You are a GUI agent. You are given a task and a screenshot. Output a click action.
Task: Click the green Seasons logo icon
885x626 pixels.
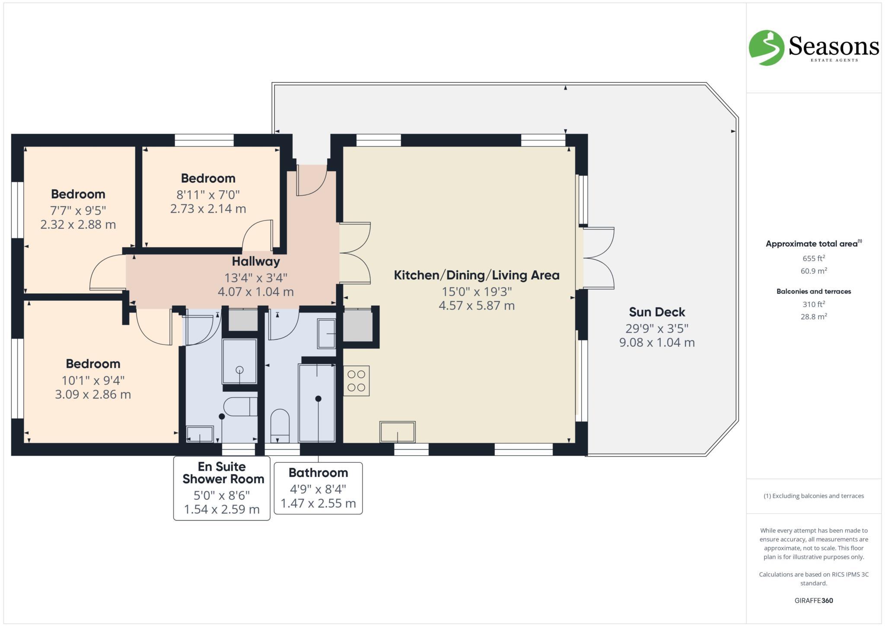click(766, 48)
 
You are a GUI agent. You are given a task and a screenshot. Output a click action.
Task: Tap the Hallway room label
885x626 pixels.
click(256, 261)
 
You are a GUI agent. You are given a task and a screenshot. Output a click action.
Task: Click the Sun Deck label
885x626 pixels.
click(657, 312)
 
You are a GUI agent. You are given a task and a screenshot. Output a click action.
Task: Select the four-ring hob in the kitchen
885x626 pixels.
click(357, 381)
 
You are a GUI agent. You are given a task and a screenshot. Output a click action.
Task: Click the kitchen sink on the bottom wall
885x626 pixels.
click(398, 431)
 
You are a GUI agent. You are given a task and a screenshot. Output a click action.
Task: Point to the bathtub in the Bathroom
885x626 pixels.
click(317, 403)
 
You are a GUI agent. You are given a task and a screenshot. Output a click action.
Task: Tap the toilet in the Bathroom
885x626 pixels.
click(280, 425)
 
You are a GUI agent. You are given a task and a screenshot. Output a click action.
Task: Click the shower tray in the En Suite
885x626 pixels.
click(239, 361)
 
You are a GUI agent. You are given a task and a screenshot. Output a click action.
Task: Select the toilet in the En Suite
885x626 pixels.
click(240, 407)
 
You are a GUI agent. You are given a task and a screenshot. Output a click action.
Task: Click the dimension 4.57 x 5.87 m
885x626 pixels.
click(477, 306)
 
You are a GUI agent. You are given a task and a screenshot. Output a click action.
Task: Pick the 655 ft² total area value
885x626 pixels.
click(814, 259)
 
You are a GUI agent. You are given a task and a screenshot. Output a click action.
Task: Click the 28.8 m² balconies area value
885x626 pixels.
click(814, 316)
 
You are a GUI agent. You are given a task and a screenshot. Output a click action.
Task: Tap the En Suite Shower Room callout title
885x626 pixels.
click(223, 473)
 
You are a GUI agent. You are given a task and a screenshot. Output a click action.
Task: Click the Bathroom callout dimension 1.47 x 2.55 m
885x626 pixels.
click(318, 503)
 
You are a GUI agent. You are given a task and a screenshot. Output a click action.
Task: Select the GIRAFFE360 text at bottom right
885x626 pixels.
click(814, 600)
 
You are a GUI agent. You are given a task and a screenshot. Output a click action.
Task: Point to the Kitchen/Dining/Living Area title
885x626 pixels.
click(477, 275)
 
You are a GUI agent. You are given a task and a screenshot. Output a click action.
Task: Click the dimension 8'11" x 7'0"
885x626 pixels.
click(208, 195)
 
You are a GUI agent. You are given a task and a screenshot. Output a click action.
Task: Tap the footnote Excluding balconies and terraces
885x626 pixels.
click(814, 496)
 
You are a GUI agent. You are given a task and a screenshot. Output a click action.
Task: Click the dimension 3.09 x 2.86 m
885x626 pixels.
click(93, 394)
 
